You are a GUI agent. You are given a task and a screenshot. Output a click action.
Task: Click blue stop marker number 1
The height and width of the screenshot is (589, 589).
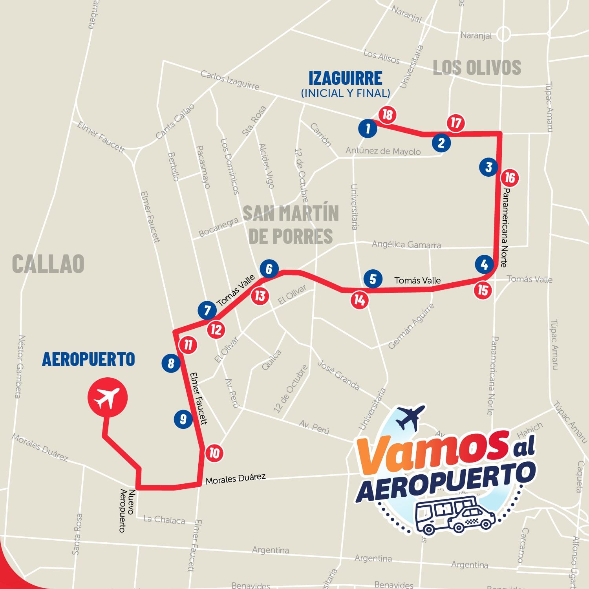pyautogui.click(x=368, y=128)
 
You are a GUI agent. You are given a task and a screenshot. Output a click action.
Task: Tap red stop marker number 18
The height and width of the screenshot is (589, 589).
pyautogui.click(x=387, y=115)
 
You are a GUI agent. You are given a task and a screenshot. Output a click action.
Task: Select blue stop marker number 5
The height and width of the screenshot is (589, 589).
pyautogui.click(x=373, y=279)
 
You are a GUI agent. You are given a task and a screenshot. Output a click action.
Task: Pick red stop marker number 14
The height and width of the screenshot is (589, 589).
pyautogui.click(x=360, y=300)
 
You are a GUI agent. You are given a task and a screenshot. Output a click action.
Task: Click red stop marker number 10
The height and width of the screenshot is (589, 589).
pyautogui.click(x=214, y=453)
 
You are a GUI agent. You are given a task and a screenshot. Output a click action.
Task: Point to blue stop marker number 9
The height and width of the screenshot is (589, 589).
pyautogui.click(x=183, y=419)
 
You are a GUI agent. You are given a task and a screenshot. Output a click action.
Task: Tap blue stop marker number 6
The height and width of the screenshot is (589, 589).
pyautogui.click(x=269, y=269)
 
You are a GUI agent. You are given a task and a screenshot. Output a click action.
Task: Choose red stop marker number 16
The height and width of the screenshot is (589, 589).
pyautogui.click(x=509, y=178)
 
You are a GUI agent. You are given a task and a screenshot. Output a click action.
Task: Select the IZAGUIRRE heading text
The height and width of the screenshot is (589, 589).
pyautogui.click(x=345, y=78)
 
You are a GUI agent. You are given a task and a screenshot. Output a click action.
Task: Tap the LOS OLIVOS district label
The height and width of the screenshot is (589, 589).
pyautogui.click(x=477, y=68)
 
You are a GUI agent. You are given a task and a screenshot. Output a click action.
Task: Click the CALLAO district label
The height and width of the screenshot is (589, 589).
pyautogui.click(x=48, y=263)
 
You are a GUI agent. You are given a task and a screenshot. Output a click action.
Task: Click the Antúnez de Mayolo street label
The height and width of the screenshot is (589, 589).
pyautogui.click(x=383, y=151)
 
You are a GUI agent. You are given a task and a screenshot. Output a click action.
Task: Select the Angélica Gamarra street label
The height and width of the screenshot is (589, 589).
pyautogui.click(x=406, y=244)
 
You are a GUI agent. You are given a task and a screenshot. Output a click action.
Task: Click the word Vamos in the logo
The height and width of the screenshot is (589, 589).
pyautogui.click(x=430, y=452)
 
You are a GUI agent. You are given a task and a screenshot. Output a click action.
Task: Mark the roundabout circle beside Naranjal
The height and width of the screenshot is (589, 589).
pyautogui.click(x=503, y=34)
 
